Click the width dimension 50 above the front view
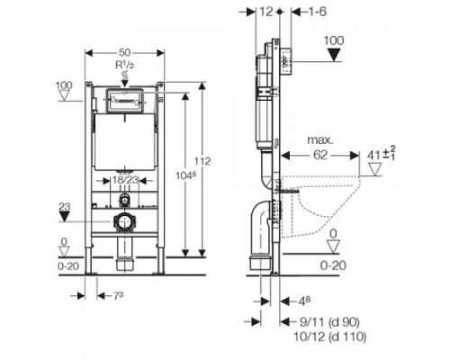point(125,43)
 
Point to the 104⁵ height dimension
point(186,174)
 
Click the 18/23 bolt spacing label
point(125,180)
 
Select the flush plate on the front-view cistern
point(125,99)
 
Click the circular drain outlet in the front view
point(125,221)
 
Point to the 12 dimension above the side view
point(264,12)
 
